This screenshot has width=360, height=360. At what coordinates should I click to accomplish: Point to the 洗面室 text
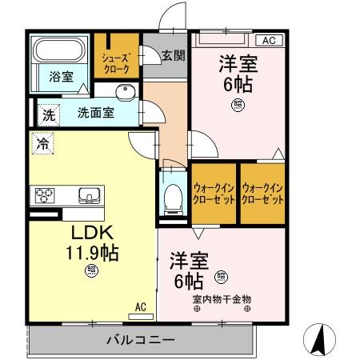tap(94, 113)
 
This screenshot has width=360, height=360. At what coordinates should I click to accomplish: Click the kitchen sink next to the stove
tap(87, 194)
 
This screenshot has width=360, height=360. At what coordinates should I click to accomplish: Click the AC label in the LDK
tap(140, 306)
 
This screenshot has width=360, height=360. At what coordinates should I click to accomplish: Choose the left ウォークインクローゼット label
tap(214, 193)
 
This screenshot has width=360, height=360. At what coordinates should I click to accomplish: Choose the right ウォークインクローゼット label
tap(262, 193)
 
